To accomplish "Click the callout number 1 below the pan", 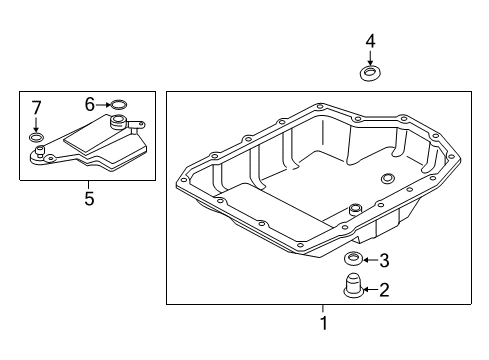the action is pos(323,323).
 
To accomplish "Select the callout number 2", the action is pos(384,290).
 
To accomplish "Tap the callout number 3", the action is pos(384,260).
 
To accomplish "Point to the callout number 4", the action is pos(370,41).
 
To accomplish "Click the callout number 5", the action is pos(89,199).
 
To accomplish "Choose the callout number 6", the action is pos(90,105).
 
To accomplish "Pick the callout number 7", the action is pos(36,108).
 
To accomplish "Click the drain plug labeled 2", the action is pos(353,286).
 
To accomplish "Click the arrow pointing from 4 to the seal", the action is pos(370,58).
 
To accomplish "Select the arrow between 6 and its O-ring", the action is pos(103,105).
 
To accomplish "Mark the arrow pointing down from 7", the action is pos(36,124).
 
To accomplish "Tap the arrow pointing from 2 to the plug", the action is pos(371,289).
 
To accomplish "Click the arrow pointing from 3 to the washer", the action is pos(371,260).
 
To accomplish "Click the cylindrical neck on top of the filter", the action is pos(118,122).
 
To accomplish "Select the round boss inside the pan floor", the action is pos(387,178).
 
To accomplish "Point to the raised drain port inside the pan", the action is pos(355,210).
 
